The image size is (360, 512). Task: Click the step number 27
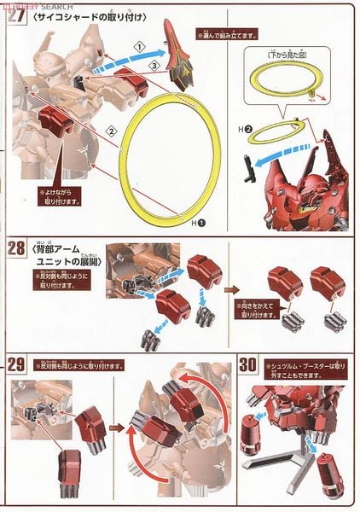pos(15,16)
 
